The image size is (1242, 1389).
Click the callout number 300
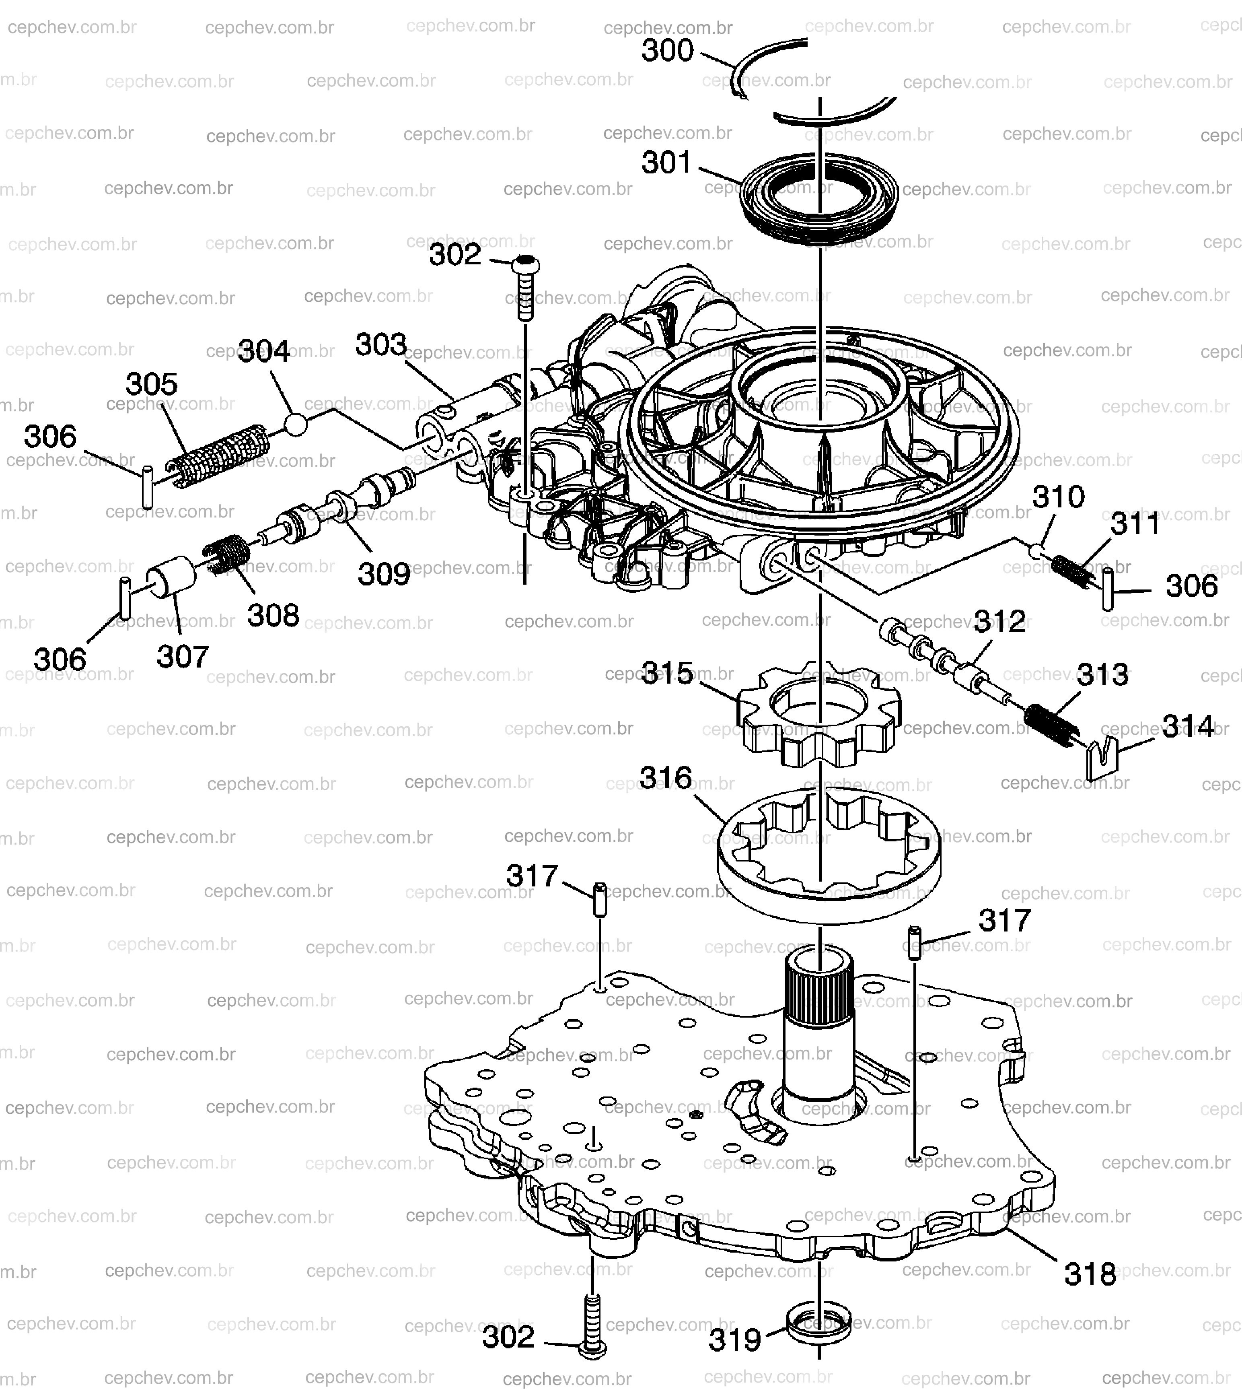click(667, 51)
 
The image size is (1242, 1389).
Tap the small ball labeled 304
click(296, 425)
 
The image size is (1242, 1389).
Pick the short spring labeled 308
click(226, 554)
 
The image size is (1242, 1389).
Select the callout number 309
click(384, 575)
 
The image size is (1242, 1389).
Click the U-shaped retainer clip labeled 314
click(1101, 759)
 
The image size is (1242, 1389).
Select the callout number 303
click(381, 345)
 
